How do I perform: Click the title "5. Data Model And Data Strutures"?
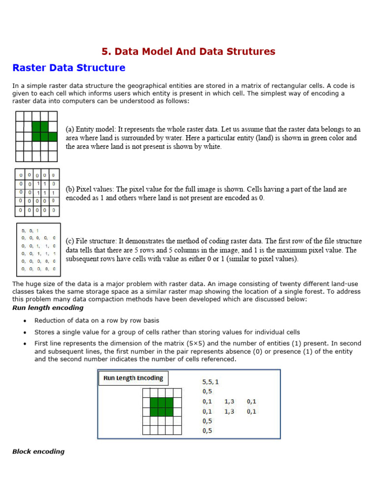[188, 52]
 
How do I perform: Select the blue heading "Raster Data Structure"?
[69, 68]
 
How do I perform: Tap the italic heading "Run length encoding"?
[48, 308]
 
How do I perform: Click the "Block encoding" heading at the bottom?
[38, 451]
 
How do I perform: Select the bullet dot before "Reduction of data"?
[25, 321]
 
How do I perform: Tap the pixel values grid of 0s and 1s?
[37, 192]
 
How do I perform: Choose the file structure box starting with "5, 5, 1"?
[38, 250]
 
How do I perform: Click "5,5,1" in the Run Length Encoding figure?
[211, 382]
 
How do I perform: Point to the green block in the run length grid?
[162, 406]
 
